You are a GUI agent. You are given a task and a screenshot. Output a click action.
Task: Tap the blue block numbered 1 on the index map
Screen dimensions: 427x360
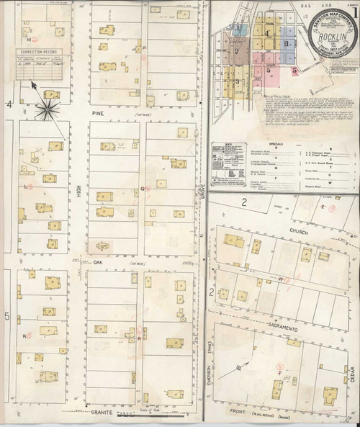[239, 29]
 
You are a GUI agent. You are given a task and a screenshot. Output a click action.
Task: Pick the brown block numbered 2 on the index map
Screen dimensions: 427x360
[238, 51]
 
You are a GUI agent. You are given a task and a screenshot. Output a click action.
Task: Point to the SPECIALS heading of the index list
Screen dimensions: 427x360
[288, 144]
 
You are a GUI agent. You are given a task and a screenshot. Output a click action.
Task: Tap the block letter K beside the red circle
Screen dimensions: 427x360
[24, 336]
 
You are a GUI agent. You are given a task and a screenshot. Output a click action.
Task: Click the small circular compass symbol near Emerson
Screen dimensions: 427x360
[239, 369]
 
